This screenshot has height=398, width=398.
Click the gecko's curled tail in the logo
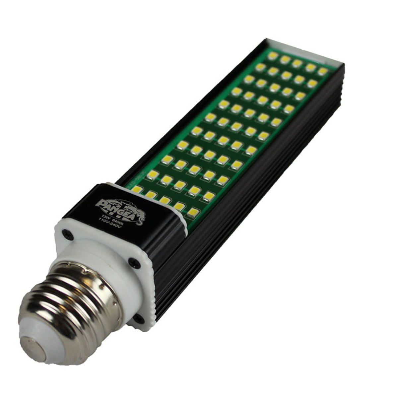pyautogui.click(x=141, y=219)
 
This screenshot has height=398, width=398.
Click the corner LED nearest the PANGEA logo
pyautogui.click(x=137, y=189)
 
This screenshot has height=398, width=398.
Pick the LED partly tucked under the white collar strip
pyautogui.click(x=192, y=212)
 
